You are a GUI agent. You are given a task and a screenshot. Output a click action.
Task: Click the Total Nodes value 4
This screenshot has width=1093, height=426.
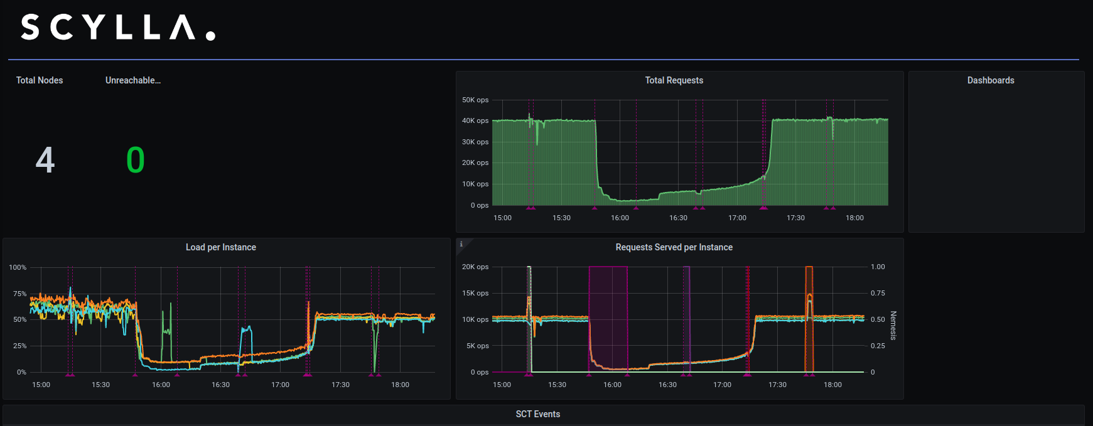[x=45, y=160]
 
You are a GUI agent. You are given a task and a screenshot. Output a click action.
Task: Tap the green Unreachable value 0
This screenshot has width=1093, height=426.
[x=136, y=160]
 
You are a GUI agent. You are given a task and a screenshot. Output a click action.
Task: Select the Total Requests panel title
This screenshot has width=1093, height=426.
[x=674, y=80]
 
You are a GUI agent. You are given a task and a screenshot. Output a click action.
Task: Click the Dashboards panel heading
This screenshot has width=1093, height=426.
[x=990, y=80]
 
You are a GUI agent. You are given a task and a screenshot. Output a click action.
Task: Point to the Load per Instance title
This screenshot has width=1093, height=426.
[x=220, y=247]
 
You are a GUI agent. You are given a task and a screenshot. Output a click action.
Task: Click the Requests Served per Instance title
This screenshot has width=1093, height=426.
[x=674, y=247]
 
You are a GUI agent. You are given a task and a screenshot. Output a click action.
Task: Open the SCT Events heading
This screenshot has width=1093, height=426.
[x=537, y=414]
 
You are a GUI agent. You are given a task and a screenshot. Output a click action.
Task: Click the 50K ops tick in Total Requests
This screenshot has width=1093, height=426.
[x=475, y=100]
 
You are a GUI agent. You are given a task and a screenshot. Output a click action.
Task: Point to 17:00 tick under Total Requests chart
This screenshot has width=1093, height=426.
[x=737, y=218]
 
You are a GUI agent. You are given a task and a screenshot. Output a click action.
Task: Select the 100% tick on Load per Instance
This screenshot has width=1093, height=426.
[x=18, y=267]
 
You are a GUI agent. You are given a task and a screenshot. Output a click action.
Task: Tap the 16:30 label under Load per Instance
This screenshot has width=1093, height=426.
[x=220, y=385]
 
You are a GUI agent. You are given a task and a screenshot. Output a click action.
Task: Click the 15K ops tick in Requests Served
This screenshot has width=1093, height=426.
[x=475, y=293]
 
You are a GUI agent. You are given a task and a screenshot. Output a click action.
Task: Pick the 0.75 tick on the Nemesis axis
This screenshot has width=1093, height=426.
[x=878, y=293]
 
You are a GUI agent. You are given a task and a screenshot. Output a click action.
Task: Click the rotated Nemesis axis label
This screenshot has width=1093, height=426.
[x=893, y=326]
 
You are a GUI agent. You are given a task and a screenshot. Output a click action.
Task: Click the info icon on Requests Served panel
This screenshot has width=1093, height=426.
[x=461, y=244]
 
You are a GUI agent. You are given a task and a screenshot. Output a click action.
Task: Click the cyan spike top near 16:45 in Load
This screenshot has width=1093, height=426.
[x=247, y=327]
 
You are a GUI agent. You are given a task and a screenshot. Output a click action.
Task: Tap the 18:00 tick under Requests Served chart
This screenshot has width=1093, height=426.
[x=832, y=385]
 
